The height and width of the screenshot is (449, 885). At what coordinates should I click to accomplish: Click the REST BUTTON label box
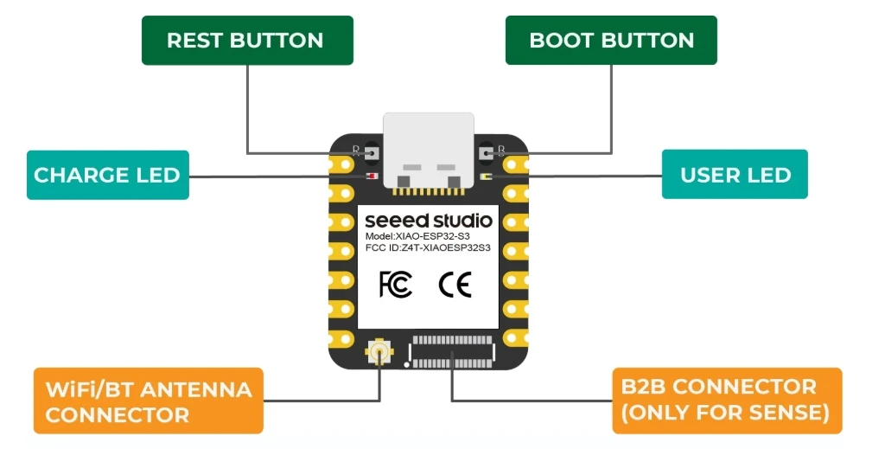tap(247, 41)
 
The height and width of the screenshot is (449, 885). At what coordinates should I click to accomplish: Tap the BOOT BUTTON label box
tap(611, 41)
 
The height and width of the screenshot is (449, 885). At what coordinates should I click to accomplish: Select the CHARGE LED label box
tap(107, 175)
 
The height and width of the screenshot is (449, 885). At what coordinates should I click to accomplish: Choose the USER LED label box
tap(735, 175)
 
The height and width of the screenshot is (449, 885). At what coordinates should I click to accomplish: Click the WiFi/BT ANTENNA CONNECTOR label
tap(148, 401)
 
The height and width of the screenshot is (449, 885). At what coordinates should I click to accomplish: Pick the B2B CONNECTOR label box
tap(726, 401)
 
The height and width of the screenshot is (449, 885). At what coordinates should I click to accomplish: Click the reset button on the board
tap(372, 153)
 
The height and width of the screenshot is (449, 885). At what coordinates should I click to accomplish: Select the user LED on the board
tap(486, 176)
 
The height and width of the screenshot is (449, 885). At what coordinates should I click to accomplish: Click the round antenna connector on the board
tap(379, 351)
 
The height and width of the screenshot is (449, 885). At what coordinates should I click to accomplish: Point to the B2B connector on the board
tap(453, 351)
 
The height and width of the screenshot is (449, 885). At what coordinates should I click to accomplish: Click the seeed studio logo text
tap(428, 221)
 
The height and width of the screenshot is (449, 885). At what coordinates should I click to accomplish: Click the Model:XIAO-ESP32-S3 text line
tap(417, 235)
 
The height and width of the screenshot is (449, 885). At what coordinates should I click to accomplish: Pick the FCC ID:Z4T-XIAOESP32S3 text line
tap(428, 248)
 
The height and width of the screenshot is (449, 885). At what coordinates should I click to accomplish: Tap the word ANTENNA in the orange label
tap(194, 389)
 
